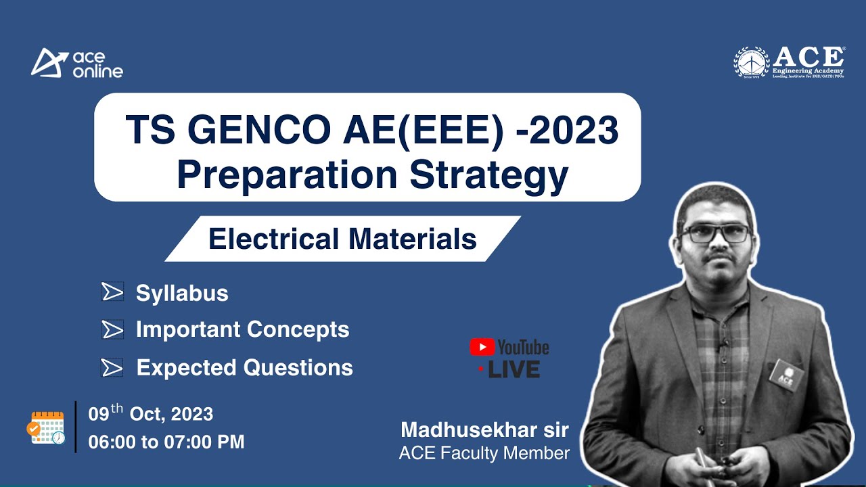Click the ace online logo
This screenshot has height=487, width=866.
[x=76, y=63]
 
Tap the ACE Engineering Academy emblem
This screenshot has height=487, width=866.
[x=752, y=63]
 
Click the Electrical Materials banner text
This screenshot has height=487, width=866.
[x=342, y=239]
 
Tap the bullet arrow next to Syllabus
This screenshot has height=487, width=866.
[x=112, y=292]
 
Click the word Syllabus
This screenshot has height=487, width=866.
[x=182, y=294]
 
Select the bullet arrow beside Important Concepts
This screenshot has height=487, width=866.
[x=112, y=329]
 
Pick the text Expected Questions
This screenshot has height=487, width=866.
[x=244, y=367]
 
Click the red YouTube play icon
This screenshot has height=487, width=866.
[x=482, y=348]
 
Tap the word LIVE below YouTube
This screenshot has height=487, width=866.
[x=514, y=369]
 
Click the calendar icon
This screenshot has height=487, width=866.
[x=46, y=427]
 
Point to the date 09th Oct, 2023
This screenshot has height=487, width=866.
[x=151, y=413]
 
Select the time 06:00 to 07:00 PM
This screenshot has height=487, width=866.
[x=166, y=442]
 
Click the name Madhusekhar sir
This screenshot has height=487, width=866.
[x=484, y=430]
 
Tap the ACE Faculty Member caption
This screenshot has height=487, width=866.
[x=484, y=453]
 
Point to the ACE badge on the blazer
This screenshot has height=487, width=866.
[x=785, y=374]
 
